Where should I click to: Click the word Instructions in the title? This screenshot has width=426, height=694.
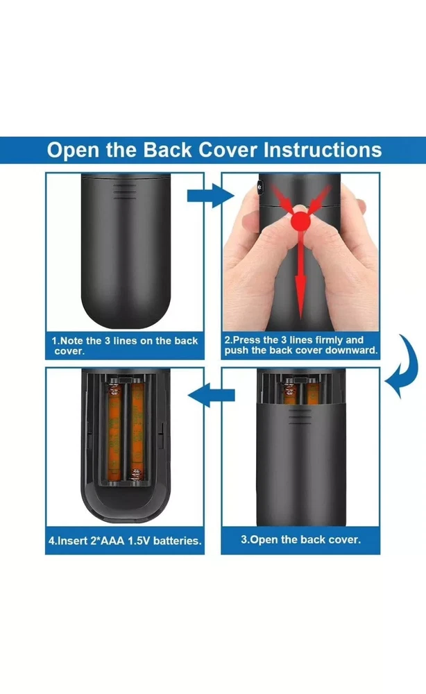(x=323, y=150)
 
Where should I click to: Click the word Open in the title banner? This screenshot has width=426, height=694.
(x=73, y=151)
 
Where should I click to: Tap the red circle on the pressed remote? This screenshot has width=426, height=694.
(x=301, y=221)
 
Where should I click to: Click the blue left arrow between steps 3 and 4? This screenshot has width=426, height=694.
(x=211, y=395)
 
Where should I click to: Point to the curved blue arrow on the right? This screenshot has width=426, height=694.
(x=402, y=366)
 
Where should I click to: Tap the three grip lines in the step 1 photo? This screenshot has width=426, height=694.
(x=125, y=192)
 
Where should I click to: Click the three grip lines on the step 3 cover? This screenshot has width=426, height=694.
(x=300, y=416)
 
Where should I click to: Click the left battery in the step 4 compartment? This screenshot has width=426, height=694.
(x=114, y=432)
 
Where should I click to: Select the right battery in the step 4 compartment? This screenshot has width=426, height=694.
(x=137, y=432)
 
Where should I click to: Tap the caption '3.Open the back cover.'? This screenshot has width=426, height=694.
(x=301, y=539)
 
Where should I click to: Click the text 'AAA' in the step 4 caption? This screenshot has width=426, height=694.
(x=112, y=541)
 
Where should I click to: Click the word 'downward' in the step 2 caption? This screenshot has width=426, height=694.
(x=352, y=350)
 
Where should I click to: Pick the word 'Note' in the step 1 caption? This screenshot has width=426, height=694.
(x=71, y=341)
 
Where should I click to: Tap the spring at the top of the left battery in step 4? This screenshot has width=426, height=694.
(x=115, y=389)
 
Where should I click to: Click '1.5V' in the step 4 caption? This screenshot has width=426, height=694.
(x=139, y=541)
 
